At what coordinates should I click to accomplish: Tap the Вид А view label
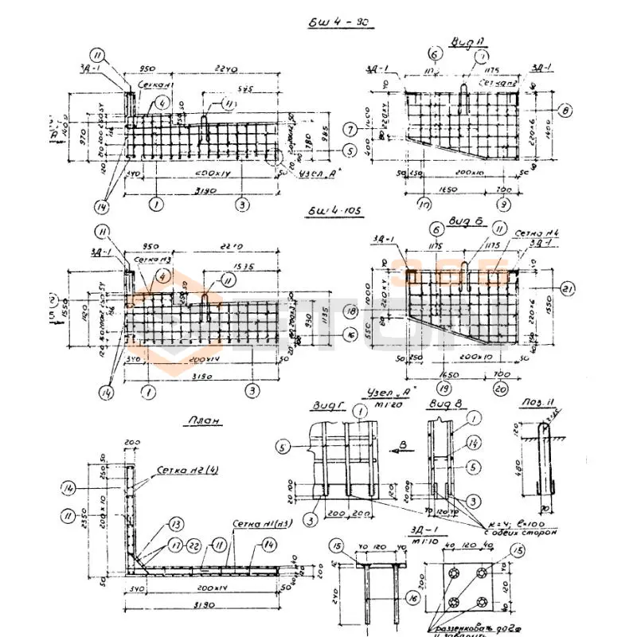pos(463,40)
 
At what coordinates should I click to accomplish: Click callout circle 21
pos(567,288)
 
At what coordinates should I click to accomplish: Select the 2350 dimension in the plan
pos(89,521)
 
